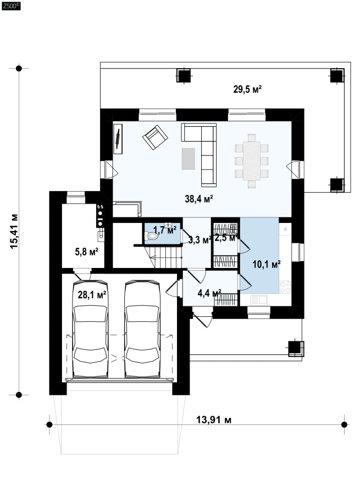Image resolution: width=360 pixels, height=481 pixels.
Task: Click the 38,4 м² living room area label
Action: click(x=199, y=199)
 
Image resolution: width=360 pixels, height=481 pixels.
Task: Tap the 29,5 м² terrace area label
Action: click(x=247, y=90)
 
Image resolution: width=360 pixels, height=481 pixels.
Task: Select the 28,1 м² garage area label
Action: click(x=92, y=295)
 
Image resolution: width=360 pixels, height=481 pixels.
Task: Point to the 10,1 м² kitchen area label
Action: click(x=267, y=264)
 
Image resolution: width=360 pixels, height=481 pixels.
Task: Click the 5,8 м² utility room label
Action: click(x=87, y=252)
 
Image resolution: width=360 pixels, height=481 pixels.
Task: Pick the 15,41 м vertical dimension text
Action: click(x=14, y=231)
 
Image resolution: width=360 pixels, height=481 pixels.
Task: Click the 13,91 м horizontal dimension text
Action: click(x=214, y=420)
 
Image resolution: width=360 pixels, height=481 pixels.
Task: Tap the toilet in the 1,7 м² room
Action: click(x=151, y=237)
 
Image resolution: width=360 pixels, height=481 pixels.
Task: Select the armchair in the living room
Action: click(x=155, y=137)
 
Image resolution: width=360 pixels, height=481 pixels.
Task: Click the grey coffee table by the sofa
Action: click(x=189, y=159)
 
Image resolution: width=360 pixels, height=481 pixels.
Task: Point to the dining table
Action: click(x=252, y=161)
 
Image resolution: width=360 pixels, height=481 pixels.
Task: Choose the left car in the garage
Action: click(x=90, y=329)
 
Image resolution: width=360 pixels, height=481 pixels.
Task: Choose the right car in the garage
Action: click(x=142, y=329)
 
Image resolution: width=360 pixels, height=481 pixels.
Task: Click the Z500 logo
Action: click(x=11, y=6)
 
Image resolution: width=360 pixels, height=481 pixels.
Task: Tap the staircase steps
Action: click(x=166, y=257)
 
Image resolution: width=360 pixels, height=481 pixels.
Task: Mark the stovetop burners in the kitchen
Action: click(x=285, y=287)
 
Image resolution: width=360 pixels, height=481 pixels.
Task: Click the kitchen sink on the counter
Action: click(x=259, y=300)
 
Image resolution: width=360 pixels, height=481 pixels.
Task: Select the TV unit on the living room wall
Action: click(x=118, y=139)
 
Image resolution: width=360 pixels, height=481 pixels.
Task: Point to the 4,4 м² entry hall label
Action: click(x=209, y=293)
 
